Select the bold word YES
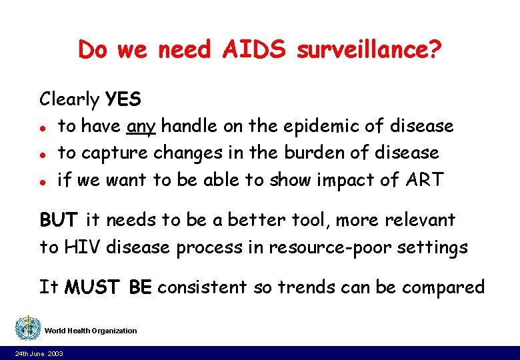(123, 99)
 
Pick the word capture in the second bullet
(114, 152)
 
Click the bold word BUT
(59, 220)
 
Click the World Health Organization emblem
(27, 327)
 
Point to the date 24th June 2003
(39, 353)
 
